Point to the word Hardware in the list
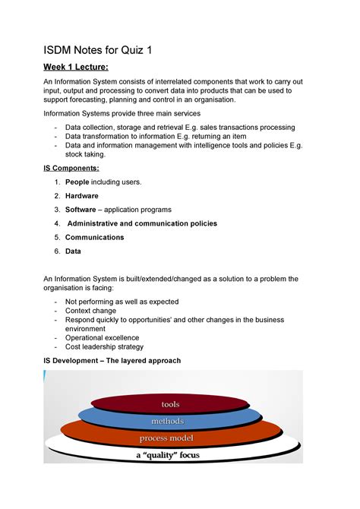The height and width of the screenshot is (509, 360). (x=81, y=196)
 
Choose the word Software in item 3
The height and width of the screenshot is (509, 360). (x=81, y=210)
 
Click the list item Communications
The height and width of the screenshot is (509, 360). (x=94, y=237)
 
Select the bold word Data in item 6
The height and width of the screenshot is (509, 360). (x=73, y=251)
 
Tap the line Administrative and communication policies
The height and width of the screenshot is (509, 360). (x=142, y=223)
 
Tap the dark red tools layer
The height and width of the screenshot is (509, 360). (x=170, y=404)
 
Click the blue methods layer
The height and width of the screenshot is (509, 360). (x=167, y=421)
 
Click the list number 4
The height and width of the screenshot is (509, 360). (x=57, y=223)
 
